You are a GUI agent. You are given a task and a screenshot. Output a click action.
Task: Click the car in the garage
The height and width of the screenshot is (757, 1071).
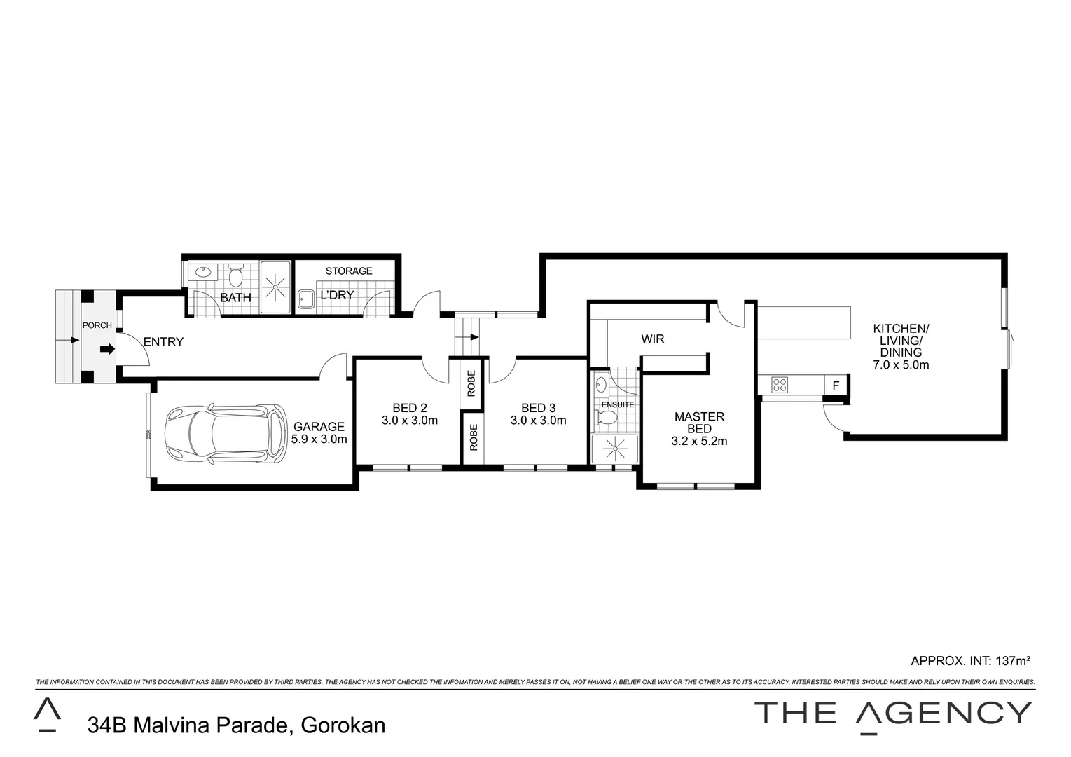[225, 434]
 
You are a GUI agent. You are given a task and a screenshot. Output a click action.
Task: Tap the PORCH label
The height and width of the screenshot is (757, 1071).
[97, 325]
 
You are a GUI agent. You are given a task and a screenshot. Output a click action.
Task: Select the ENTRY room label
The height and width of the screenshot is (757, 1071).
[163, 341]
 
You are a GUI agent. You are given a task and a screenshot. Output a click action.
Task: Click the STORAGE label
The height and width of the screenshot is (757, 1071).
[349, 271]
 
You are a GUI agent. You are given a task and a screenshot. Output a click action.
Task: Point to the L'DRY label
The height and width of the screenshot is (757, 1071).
[337, 295]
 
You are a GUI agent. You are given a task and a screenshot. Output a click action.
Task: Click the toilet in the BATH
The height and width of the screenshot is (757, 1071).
[235, 275]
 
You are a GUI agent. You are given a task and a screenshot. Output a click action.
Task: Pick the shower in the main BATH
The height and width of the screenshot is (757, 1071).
[275, 287]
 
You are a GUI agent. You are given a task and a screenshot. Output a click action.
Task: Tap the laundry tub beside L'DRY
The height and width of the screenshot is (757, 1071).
[306, 300]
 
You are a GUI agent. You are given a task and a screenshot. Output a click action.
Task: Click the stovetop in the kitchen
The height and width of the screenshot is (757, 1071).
[780, 385]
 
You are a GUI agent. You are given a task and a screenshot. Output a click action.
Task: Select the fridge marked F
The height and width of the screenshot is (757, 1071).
[836, 386]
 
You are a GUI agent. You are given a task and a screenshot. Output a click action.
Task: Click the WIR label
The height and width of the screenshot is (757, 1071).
[653, 339]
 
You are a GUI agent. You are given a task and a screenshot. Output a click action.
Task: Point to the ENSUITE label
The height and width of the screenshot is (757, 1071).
[618, 404]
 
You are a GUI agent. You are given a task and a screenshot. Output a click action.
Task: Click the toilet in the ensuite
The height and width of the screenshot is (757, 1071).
[607, 418]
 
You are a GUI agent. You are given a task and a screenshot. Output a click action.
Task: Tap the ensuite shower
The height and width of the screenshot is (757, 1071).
[615, 449]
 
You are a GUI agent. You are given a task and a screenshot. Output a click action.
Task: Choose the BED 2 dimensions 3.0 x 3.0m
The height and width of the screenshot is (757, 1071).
[409, 421]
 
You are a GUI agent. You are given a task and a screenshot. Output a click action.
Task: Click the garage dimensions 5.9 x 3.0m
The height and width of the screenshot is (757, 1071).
[319, 439]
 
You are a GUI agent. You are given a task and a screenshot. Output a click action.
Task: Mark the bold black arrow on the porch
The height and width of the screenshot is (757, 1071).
[108, 349]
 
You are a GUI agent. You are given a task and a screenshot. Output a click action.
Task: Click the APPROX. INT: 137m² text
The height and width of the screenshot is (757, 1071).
[970, 661]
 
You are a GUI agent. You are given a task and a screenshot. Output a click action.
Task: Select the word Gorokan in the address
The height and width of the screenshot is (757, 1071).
[343, 725]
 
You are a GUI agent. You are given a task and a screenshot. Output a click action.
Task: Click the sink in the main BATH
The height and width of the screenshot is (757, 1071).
[203, 272]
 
